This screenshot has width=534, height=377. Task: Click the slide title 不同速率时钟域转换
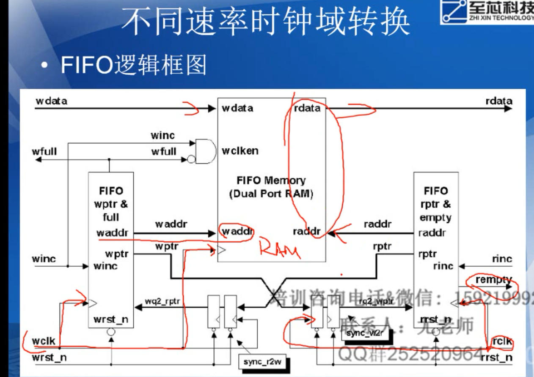(x=266, y=22)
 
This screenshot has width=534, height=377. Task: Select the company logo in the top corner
(x=487, y=12)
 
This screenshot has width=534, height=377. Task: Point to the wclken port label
(x=240, y=151)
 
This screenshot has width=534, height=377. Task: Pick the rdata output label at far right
(x=499, y=101)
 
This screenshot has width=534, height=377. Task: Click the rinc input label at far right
(x=502, y=259)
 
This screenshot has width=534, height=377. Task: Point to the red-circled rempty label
(x=493, y=279)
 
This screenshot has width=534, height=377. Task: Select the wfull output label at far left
(x=44, y=151)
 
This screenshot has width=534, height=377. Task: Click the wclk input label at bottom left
(x=44, y=341)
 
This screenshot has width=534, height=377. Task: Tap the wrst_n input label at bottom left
(x=49, y=358)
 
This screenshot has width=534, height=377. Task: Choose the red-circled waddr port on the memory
(x=237, y=231)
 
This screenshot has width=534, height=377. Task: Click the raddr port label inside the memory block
(x=306, y=232)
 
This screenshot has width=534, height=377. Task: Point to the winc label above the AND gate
(x=162, y=136)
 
